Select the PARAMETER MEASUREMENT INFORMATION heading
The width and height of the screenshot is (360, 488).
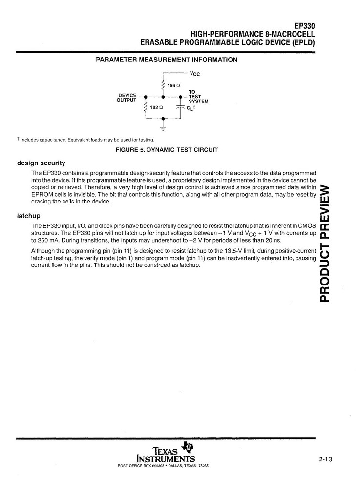click(167, 60)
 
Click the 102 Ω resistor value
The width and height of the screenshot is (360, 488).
click(156, 107)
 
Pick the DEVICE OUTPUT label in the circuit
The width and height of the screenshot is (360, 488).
click(127, 98)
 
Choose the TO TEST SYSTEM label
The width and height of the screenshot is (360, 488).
click(198, 97)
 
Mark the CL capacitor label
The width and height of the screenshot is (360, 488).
click(191, 108)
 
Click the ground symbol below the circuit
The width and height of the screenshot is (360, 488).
click(163, 128)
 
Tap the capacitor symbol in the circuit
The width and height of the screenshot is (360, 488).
click(180, 107)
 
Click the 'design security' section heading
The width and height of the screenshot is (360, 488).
click(41, 163)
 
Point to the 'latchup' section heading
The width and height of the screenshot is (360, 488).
click(29, 215)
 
